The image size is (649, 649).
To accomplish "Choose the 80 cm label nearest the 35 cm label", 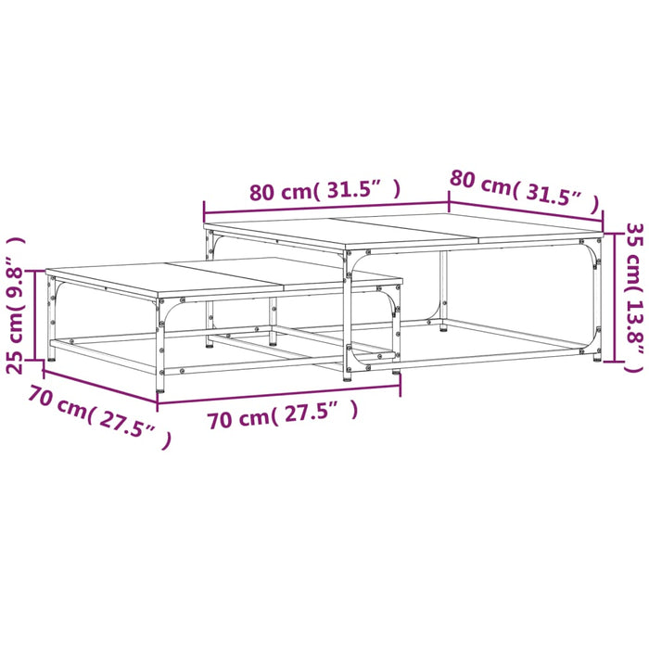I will click(x=480, y=184).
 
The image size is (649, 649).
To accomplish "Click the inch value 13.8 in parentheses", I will click(x=633, y=321).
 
